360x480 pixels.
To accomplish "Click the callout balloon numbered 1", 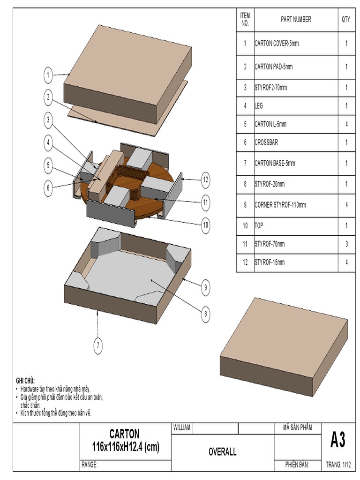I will [x=48, y=74].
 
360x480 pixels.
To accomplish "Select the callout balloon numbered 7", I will [x=98, y=346].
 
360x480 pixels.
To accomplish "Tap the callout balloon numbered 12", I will [x=205, y=179].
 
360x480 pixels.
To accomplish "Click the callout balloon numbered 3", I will [x=48, y=120].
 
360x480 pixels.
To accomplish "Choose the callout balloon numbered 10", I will [x=205, y=225].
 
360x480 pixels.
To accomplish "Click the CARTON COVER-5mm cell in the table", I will [x=277, y=44].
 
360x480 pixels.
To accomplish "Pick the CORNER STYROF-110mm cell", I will [x=280, y=205].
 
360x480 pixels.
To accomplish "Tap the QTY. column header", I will [x=346, y=19].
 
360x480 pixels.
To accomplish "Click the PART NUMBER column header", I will [x=296, y=19].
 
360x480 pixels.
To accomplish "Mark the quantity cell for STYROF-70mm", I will [x=346, y=244].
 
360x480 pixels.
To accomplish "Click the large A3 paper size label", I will [x=337, y=441].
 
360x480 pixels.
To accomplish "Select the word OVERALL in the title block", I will [x=222, y=452].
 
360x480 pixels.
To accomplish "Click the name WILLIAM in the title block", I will [x=182, y=428].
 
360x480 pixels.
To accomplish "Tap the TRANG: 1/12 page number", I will [x=338, y=465].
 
